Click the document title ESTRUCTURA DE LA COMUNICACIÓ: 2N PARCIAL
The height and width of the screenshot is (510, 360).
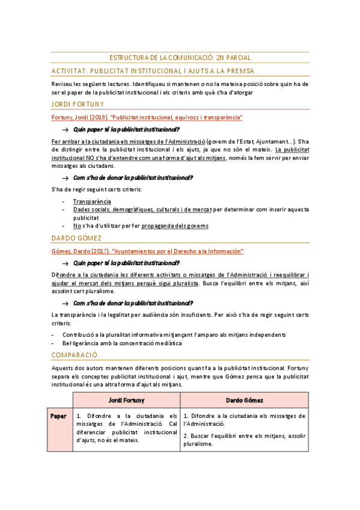[180, 58]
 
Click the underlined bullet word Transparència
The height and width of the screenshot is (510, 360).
[92, 201]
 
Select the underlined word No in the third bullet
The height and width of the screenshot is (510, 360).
[77, 226]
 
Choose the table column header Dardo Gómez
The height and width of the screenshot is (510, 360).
[244, 399]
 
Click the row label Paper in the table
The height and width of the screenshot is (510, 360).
[59, 416]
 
